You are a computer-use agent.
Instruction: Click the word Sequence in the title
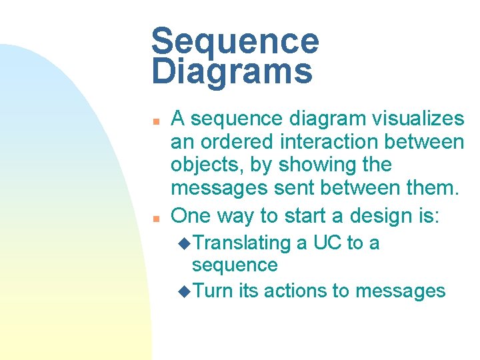235,41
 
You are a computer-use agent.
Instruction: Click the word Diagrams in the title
231,71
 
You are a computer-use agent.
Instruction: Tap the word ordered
235,141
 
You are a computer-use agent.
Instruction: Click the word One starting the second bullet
191,215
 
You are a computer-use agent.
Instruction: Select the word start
305,215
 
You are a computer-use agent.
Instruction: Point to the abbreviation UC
327,243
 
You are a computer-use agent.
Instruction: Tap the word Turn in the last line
213,291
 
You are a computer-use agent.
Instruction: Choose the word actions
294,291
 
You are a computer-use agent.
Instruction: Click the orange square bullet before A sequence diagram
155,122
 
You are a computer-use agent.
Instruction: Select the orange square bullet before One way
155,219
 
